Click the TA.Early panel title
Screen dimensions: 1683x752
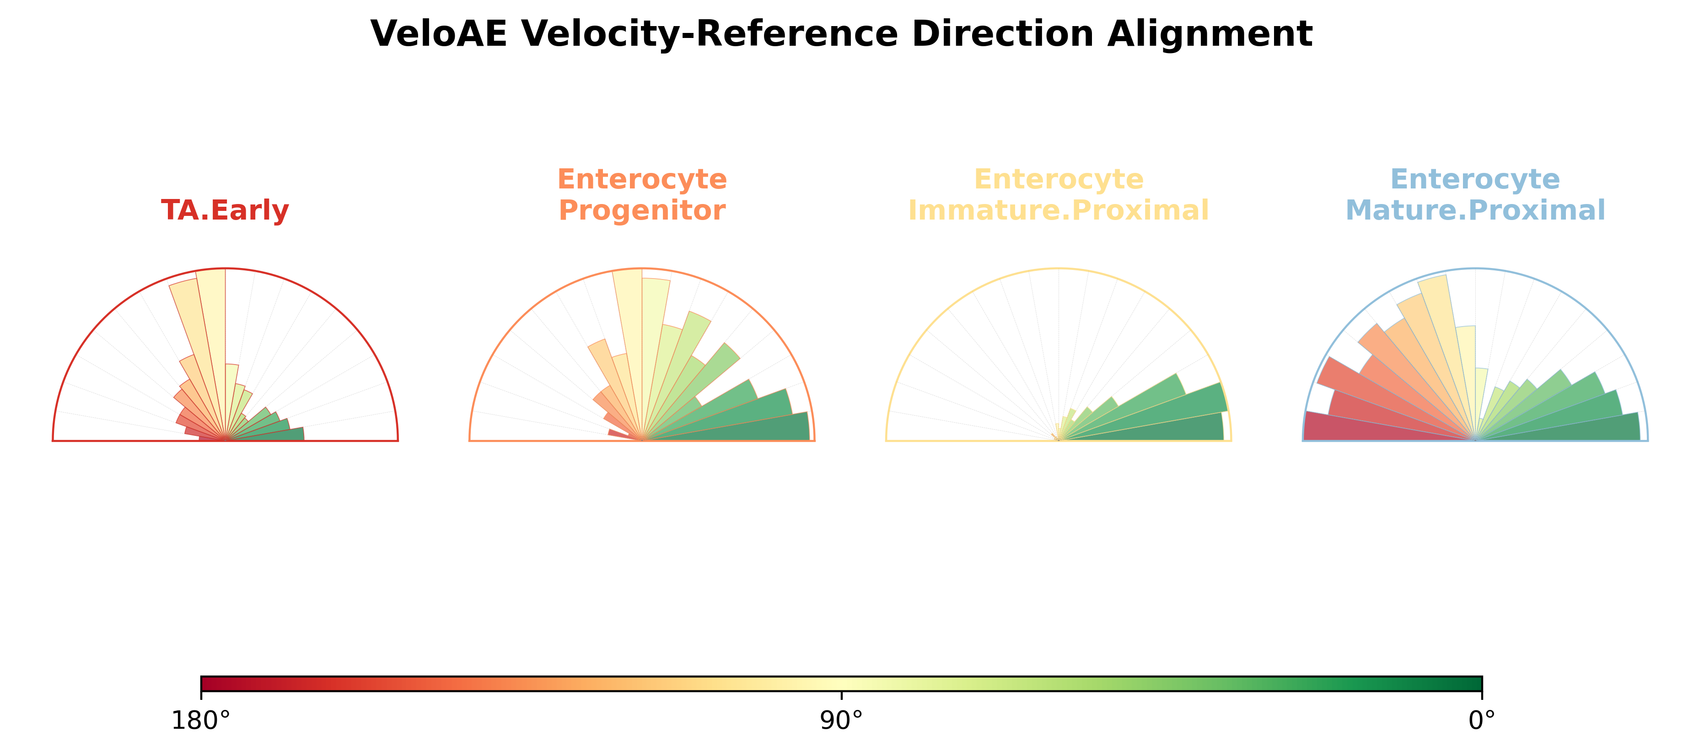pyautogui.click(x=225, y=210)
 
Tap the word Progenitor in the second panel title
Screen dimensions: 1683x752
pyautogui.click(x=642, y=210)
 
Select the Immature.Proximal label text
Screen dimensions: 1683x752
pyautogui.click(x=1059, y=210)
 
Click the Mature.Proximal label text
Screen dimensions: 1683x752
pyautogui.click(x=1475, y=210)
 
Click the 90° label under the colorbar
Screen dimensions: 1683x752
pyautogui.click(x=842, y=720)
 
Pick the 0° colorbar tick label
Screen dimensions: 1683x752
pyautogui.click(x=1482, y=720)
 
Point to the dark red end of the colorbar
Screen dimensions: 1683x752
pyautogui.click(x=204, y=684)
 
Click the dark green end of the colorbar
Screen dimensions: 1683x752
pyautogui.click(x=1479, y=684)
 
